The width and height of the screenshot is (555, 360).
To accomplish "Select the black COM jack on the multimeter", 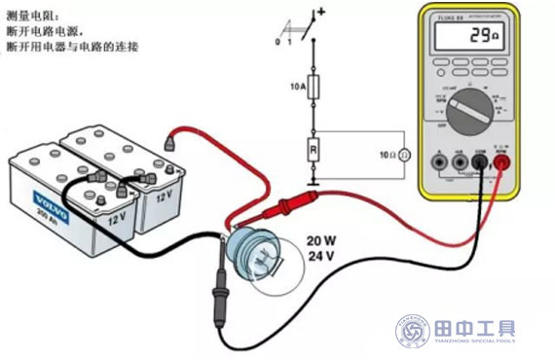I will [479, 162].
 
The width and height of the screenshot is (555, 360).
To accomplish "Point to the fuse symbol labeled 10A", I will [314, 88].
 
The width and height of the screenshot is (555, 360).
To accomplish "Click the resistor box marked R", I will [314, 152].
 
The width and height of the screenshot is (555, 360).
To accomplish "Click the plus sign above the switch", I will [320, 12].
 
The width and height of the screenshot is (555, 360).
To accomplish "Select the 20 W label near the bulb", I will [322, 241].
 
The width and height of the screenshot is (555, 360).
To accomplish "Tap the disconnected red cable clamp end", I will [171, 142].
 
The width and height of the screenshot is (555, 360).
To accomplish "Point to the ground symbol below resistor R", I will [314, 182].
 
